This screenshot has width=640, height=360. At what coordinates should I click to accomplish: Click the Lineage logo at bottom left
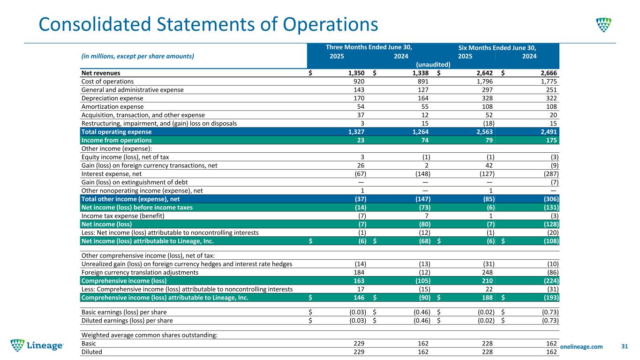38,345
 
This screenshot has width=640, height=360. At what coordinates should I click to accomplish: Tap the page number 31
624,346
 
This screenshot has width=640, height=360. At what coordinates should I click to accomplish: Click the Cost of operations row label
107,81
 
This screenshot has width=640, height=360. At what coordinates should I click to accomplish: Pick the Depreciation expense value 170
359,98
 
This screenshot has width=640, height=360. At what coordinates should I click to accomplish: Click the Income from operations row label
116,140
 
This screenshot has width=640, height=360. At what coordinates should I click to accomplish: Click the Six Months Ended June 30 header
497,47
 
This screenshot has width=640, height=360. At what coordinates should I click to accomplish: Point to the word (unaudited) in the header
433,64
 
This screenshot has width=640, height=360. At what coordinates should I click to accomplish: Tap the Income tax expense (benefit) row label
123,216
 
